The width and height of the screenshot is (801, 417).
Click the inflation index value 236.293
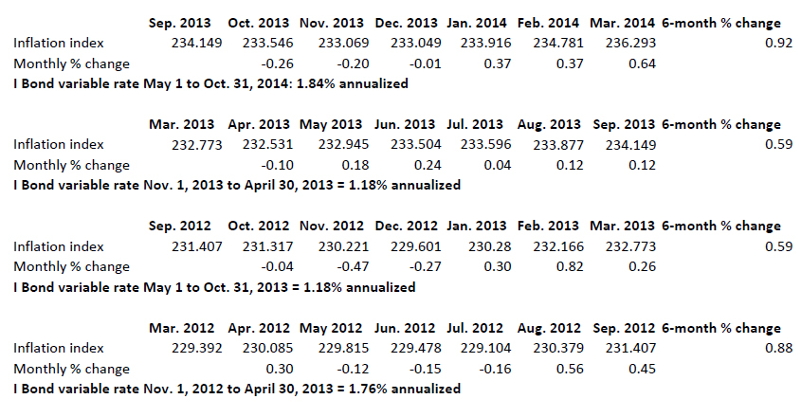631,43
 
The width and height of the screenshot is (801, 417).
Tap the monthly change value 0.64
641,63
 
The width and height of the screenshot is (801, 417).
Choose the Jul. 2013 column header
477,124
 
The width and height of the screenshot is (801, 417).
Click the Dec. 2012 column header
405,227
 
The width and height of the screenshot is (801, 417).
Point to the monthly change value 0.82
568,267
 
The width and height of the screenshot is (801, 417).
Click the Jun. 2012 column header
405,329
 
